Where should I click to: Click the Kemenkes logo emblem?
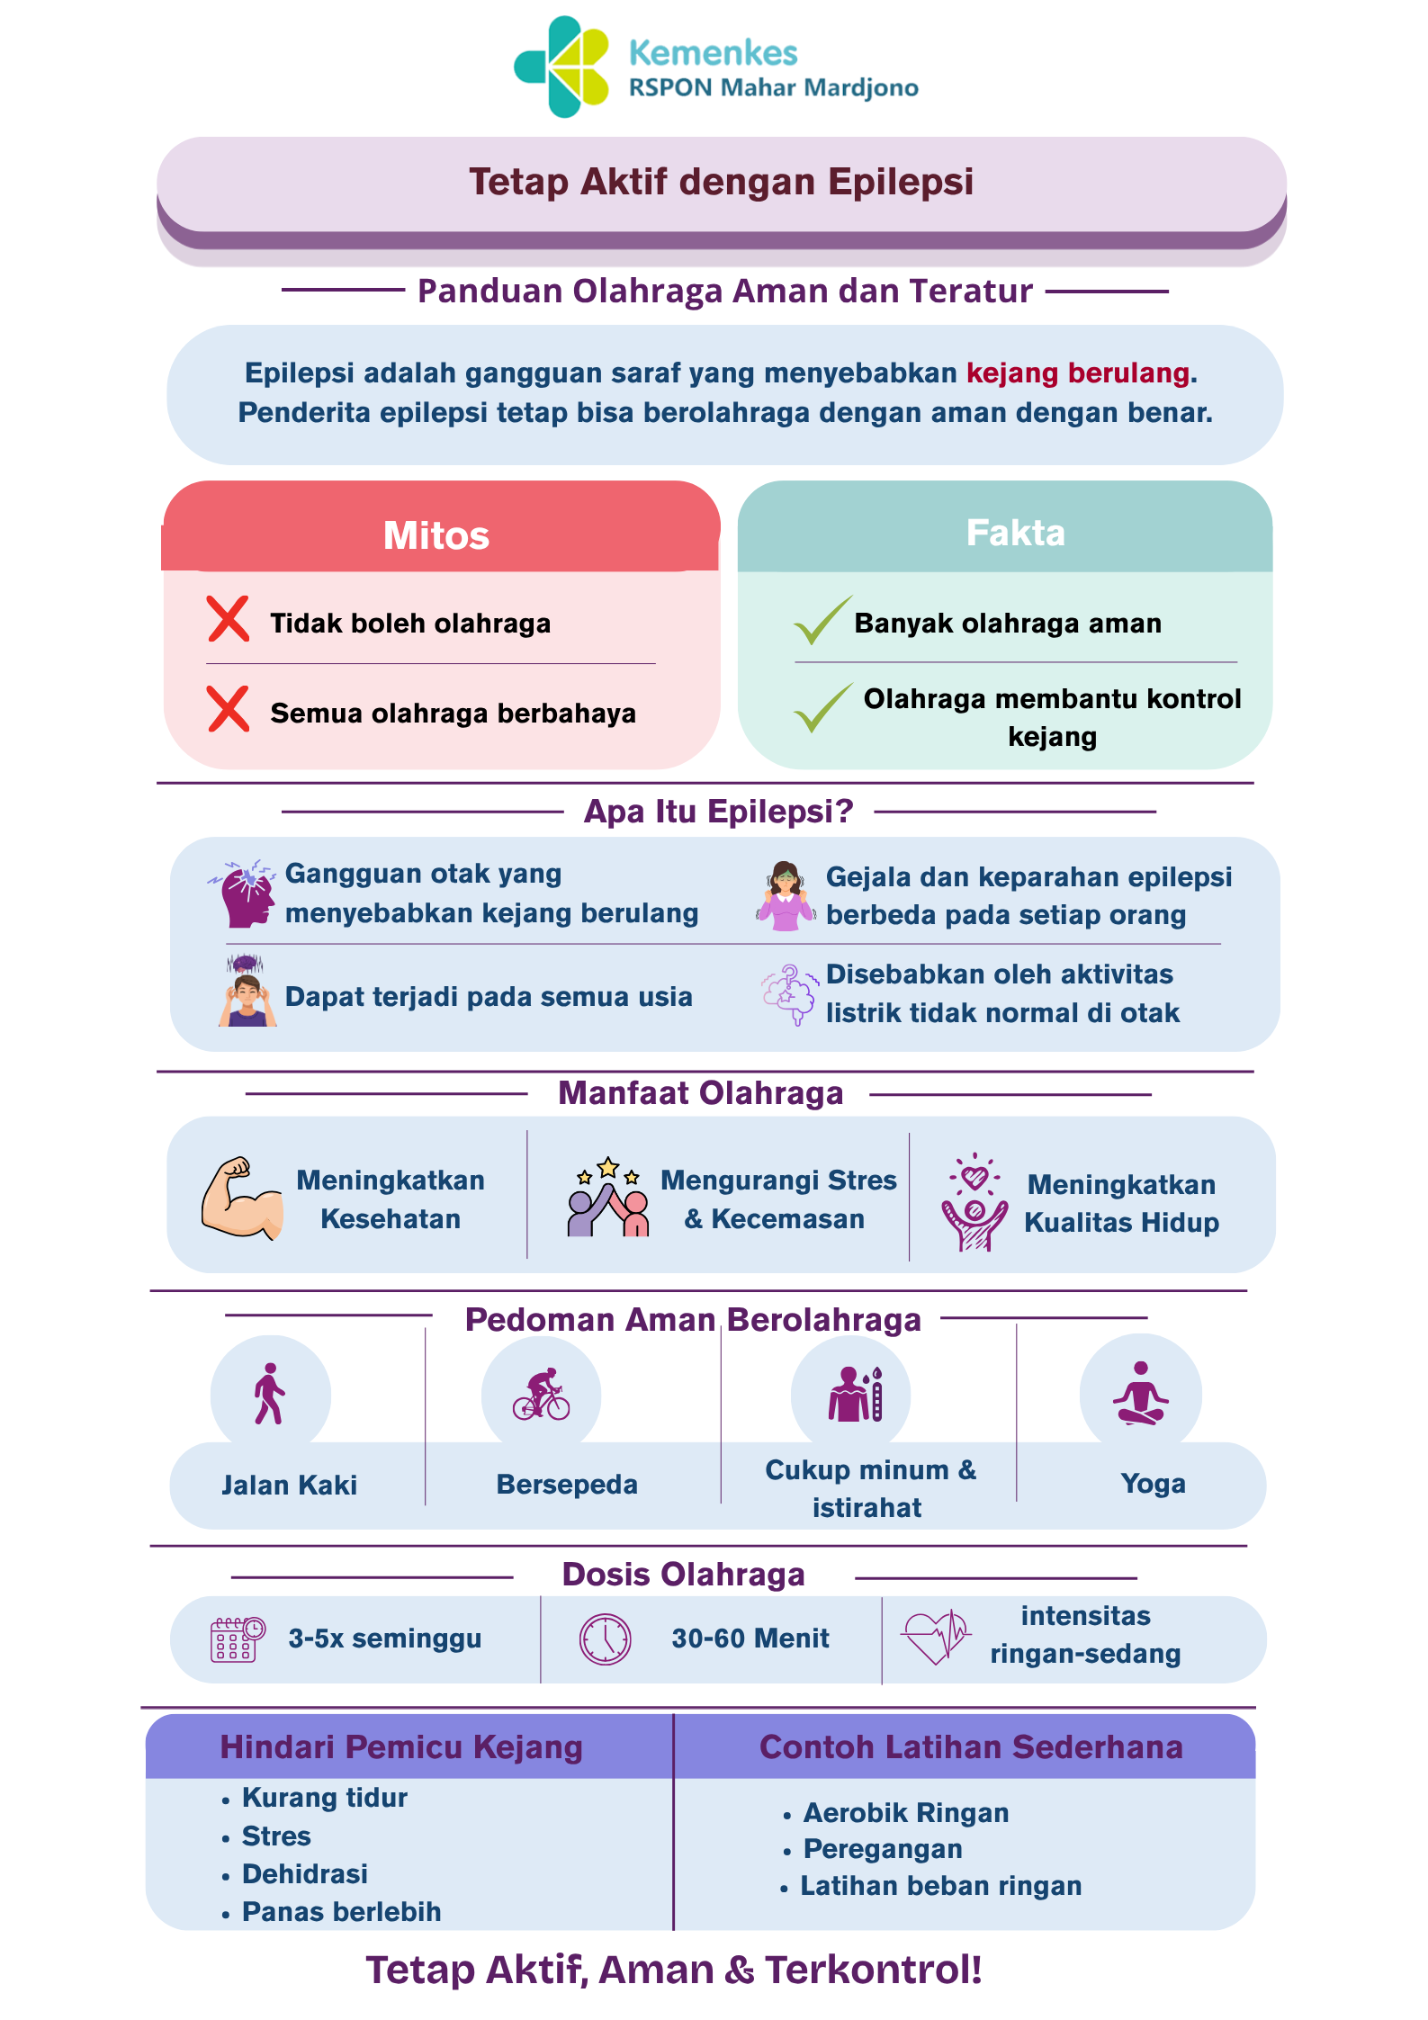click(561, 67)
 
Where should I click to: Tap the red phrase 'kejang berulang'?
click(1078, 373)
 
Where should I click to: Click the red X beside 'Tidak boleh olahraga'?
click(229, 619)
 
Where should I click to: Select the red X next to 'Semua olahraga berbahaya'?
click(229, 709)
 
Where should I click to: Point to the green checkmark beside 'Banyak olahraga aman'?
click(822, 621)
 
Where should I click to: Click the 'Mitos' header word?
click(436, 535)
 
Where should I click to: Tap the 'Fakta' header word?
click(1016, 533)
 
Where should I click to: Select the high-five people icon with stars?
click(608, 1197)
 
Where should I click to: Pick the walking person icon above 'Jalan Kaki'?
click(269, 1394)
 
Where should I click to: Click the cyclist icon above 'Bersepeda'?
click(542, 1395)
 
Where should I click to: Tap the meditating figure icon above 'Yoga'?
click(1141, 1393)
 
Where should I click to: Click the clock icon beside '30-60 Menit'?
click(606, 1639)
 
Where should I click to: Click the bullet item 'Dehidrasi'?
click(305, 1873)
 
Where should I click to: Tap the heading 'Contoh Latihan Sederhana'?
click(971, 1746)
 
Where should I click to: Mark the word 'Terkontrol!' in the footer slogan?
click(873, 1969)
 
